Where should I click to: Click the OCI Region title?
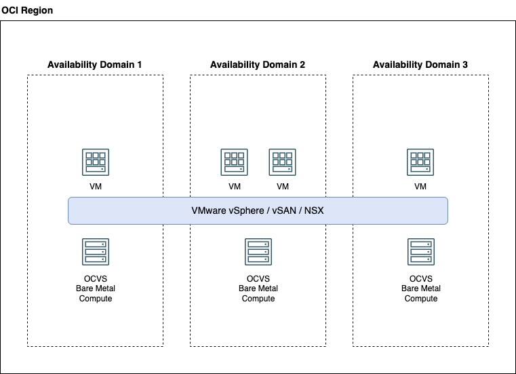click(x=27, y=11)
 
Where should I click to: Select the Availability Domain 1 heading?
click(x=95, y=64)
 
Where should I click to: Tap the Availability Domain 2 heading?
click(x=258, y=64)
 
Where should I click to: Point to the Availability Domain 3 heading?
click(x=420, y=64)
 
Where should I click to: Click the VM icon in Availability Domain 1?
click(x=96, y=162)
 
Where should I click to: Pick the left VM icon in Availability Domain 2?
click(x=234, y=162)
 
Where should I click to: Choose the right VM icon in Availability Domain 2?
click(x=283, y=162)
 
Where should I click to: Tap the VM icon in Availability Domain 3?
click(x=420, y=162)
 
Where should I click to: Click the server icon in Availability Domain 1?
click(x=96, y=251)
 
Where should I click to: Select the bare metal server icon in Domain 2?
click(x=258, y=251)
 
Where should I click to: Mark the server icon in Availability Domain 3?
click(x=420, y=251)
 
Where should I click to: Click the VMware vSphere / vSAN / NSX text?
click(x=258, y=210)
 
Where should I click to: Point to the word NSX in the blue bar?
click(x=314, y=210)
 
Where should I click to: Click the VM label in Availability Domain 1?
click(x=96, y=187)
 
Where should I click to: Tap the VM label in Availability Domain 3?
click(x=420, y=187)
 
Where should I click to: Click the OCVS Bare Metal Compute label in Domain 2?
click(x=258, y=288)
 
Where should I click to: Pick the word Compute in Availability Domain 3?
click(x=420, y=299)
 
